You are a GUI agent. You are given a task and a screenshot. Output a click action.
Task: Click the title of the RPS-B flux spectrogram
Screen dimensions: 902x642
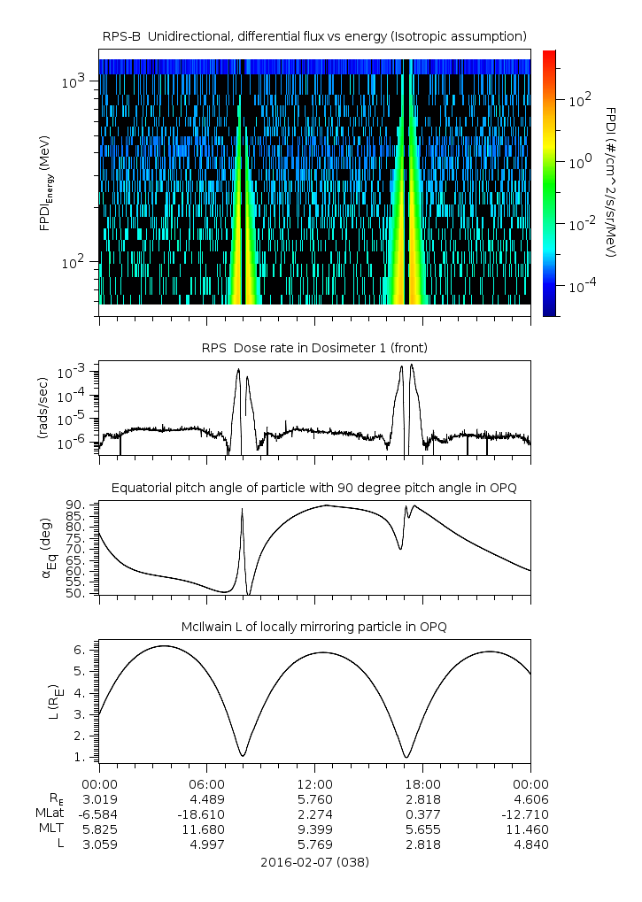(x=314, y=35)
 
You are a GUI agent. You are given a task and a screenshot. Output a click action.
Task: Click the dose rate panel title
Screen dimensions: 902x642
(x=314, y=346)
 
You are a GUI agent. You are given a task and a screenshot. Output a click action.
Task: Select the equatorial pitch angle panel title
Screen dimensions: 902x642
(x=314, y=488)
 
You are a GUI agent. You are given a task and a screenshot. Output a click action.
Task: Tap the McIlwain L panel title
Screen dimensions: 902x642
(x=314, y=627)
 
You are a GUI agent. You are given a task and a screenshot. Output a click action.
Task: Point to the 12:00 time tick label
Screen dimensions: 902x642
(x=314, y=783)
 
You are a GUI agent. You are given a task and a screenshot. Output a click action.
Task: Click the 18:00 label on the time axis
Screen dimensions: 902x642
(x=422, y=783)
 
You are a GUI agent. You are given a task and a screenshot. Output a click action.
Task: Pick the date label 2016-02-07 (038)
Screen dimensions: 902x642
(x=314, y=861)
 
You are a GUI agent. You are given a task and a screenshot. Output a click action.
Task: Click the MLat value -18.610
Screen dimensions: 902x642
(x=206, y=813)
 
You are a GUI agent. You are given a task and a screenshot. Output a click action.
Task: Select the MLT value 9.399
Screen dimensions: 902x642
(x=314, y=829)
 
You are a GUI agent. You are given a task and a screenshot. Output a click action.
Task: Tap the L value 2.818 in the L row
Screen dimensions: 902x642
(x=422, y=844)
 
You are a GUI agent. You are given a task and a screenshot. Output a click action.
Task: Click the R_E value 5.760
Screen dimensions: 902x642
(x=314, y=798)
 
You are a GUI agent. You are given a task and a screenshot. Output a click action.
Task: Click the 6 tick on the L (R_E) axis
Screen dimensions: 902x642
(x=84, y=650)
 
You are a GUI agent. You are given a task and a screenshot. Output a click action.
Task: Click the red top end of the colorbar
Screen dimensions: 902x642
(x=549, y=55)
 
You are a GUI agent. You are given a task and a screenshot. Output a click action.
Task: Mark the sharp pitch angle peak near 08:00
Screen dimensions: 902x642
(x=242, y=509)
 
